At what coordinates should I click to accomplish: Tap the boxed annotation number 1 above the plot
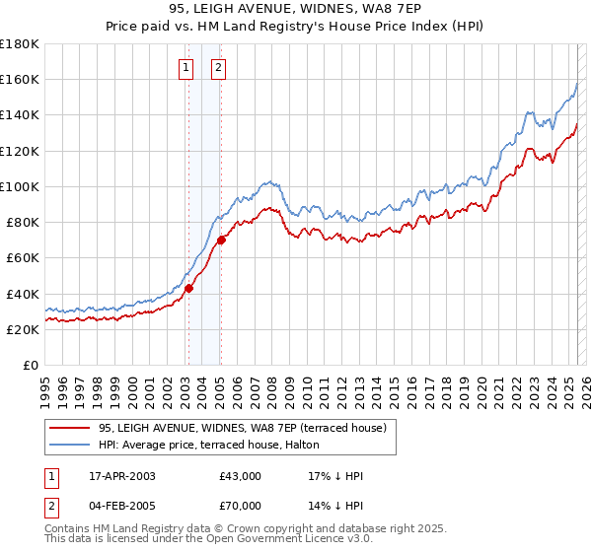tap(185, 68)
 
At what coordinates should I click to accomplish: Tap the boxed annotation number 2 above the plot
tap(218, 68)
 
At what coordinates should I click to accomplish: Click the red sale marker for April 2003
tap(188, 288)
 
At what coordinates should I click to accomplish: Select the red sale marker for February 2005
tap(221, 240)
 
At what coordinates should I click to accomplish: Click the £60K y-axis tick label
tap(23, 258)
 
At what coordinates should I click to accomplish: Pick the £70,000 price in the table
tap(241, 506)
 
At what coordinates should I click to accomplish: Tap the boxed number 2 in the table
tap(50, 506)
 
